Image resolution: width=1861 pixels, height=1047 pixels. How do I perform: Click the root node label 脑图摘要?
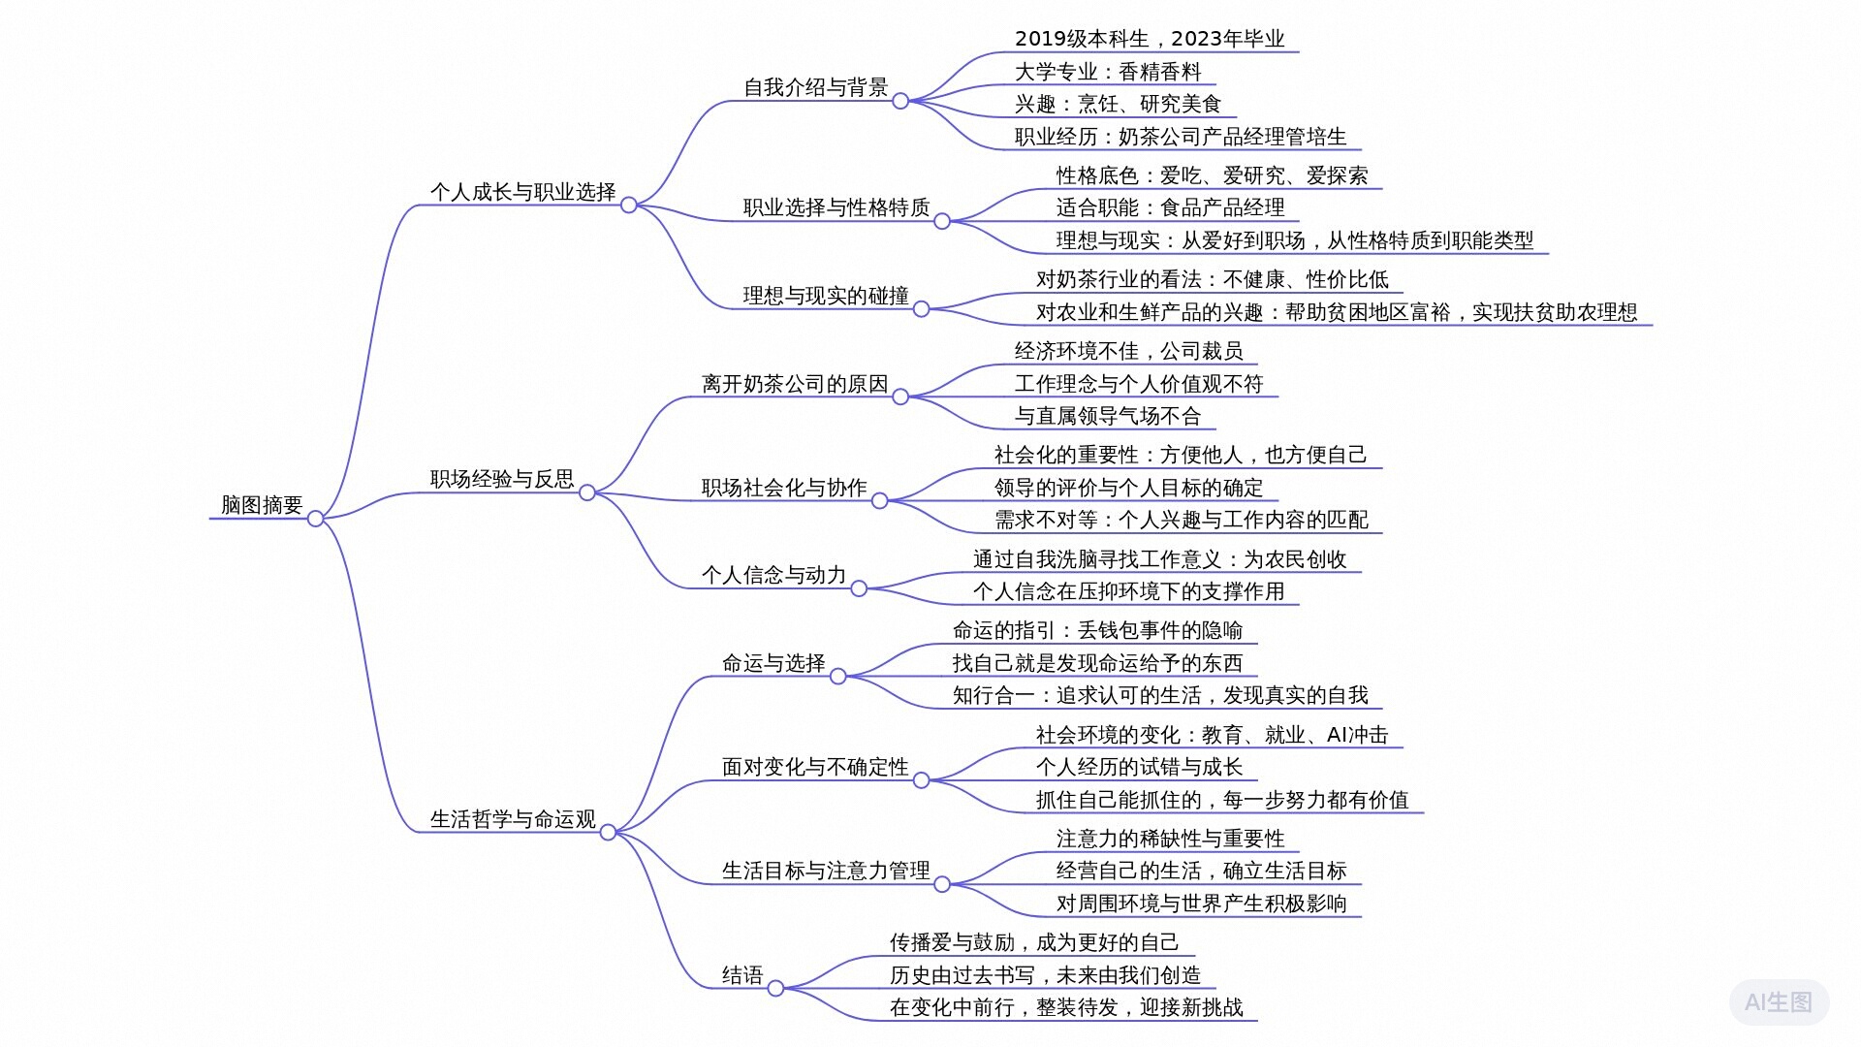click(x=262, y=505)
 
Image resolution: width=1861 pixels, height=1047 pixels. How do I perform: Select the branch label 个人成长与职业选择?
click(x=522, y=192)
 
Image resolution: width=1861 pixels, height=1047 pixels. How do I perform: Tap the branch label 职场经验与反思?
click(x=502, y=479)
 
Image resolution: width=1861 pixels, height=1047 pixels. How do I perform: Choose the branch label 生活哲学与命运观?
click(x=513, y=819)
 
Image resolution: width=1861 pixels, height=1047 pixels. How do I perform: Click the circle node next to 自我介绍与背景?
click(x=900, y=101)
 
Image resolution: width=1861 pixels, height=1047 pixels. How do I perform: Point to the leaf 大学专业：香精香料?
click(x=1108, y=72)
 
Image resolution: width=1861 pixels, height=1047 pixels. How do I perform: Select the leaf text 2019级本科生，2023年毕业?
click(x=1149, y=39)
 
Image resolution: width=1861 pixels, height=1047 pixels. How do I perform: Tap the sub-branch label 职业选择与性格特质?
click(x=836, y=207)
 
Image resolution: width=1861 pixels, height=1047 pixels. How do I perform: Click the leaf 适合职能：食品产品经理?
click(x=1170, y=207)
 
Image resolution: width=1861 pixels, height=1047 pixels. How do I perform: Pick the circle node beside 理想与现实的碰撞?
click(x=922, y=309)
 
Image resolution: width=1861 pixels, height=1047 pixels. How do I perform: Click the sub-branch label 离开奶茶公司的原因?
click(x=795, y=384)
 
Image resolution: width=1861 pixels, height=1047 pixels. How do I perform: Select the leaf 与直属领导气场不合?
click(x=1108, y=417)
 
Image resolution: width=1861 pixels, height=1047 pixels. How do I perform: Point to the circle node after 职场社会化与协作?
click(x=880, y=501)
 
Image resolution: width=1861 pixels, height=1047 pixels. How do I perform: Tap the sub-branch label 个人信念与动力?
click(x=773, y=575)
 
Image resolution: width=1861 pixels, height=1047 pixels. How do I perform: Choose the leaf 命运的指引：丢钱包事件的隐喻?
click(x=1097, y=631)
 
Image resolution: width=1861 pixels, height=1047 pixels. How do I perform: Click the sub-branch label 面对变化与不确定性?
click(x=815, y=767)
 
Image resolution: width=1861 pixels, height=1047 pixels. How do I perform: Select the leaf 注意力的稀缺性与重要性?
click(x=1170, y=839)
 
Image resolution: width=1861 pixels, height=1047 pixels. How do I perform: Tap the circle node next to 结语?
click(x=775, y=989)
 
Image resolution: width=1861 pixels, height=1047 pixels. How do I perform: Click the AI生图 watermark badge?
click(x=1779, y=1002)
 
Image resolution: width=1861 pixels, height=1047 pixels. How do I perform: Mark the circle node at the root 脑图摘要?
click(x=315, y=519)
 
